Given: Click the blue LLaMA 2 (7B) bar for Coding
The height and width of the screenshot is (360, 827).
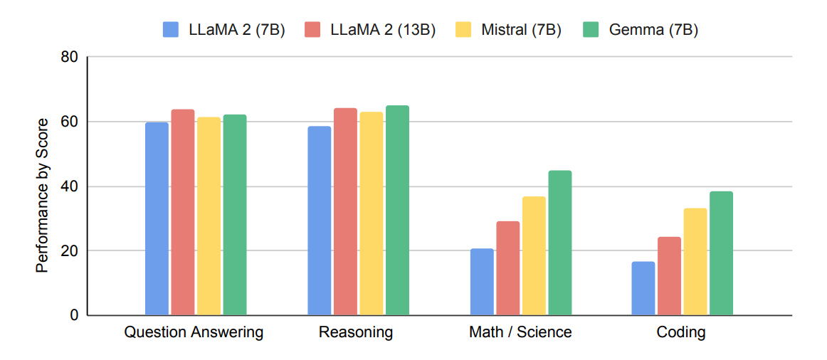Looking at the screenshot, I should click(643, 288).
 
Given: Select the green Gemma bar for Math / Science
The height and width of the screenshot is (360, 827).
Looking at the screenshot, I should click(560, 243).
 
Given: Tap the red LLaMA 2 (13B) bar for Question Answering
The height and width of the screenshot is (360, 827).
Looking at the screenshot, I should click(183, 212).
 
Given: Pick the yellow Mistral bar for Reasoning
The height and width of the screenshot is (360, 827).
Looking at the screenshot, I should click(372, 213).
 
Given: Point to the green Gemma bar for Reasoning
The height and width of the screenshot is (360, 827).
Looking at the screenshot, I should click(397, 210).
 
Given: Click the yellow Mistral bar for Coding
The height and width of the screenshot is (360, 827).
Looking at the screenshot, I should click(695, 261).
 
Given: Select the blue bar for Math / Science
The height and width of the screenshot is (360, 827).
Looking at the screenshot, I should click(482, 282).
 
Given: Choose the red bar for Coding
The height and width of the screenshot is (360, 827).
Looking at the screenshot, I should click(669, 276).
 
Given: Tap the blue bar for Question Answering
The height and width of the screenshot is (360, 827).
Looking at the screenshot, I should click(157, 218).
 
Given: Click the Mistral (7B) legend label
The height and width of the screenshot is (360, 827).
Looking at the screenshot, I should click(521, 29).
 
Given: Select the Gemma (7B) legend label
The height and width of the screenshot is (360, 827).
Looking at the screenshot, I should click(653, 29).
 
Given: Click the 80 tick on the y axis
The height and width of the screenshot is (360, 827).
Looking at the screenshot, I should click(70, 57).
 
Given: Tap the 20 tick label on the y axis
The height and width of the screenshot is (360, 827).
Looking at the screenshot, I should click(70, 250).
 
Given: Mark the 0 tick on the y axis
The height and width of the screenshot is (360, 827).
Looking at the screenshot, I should click(74, 315).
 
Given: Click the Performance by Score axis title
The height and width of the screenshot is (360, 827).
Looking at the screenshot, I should click(43, 196).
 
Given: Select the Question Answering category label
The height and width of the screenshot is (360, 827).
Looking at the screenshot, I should click(194, 332).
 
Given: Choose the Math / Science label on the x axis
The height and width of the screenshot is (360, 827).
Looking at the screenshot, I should click(520, 332).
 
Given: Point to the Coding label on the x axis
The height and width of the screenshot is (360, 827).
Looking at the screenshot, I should click(681, 332).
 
